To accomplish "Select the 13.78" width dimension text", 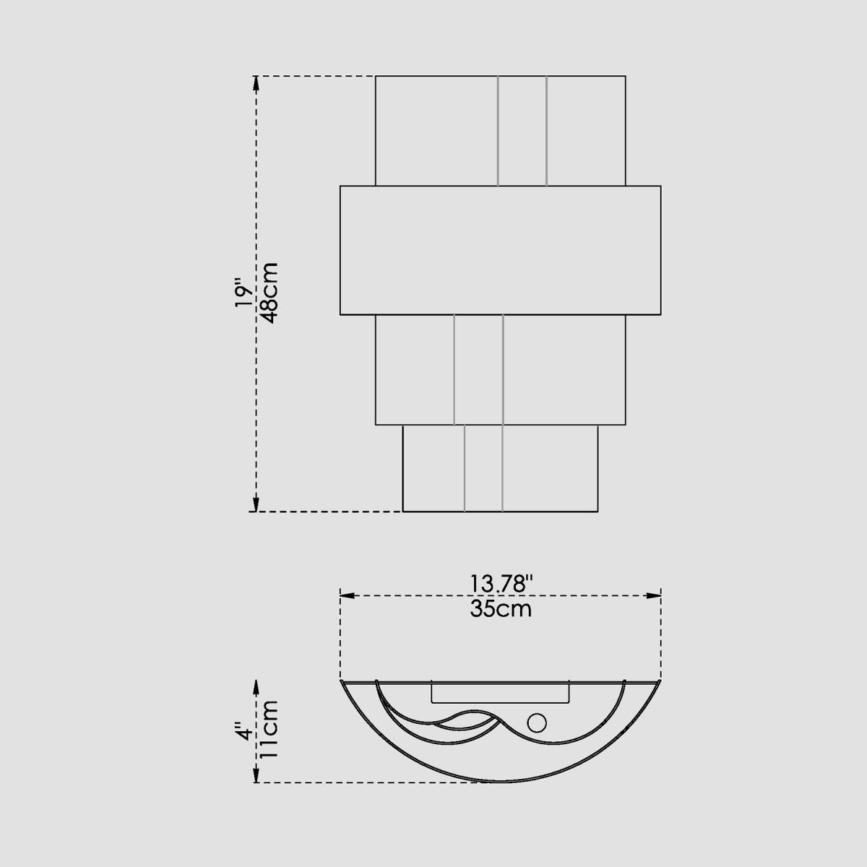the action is point(501,584).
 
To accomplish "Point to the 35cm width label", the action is point(501,609).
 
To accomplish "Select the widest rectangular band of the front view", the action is point(500,250).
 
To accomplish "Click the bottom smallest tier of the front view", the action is point(500,468).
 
